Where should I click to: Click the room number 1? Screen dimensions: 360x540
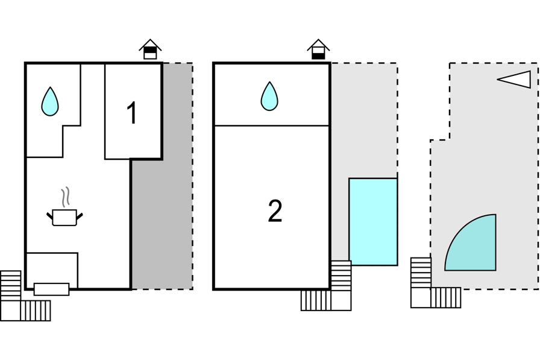click(132, 113)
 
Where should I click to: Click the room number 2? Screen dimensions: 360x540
click(275, 211)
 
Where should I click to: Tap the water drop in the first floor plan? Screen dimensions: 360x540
click(50, 101)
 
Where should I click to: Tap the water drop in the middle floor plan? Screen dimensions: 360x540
click(269, 96)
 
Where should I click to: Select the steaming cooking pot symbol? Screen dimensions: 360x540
click(64, 216)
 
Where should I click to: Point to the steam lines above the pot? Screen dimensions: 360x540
click(64, 197)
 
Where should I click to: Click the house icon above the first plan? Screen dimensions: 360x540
click(150, 49)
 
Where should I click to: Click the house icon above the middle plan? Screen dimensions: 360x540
click(318, 49)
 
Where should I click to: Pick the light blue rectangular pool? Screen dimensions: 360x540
click(373, 221)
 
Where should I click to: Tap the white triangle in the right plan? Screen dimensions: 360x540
click(517, 79)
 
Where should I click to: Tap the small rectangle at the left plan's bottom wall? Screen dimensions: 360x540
click(51, 289)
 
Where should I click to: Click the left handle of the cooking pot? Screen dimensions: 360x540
click(49, 215)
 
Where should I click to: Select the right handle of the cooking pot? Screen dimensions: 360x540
click(80, 215)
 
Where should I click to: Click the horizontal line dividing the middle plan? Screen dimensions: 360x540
click(271, 125)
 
